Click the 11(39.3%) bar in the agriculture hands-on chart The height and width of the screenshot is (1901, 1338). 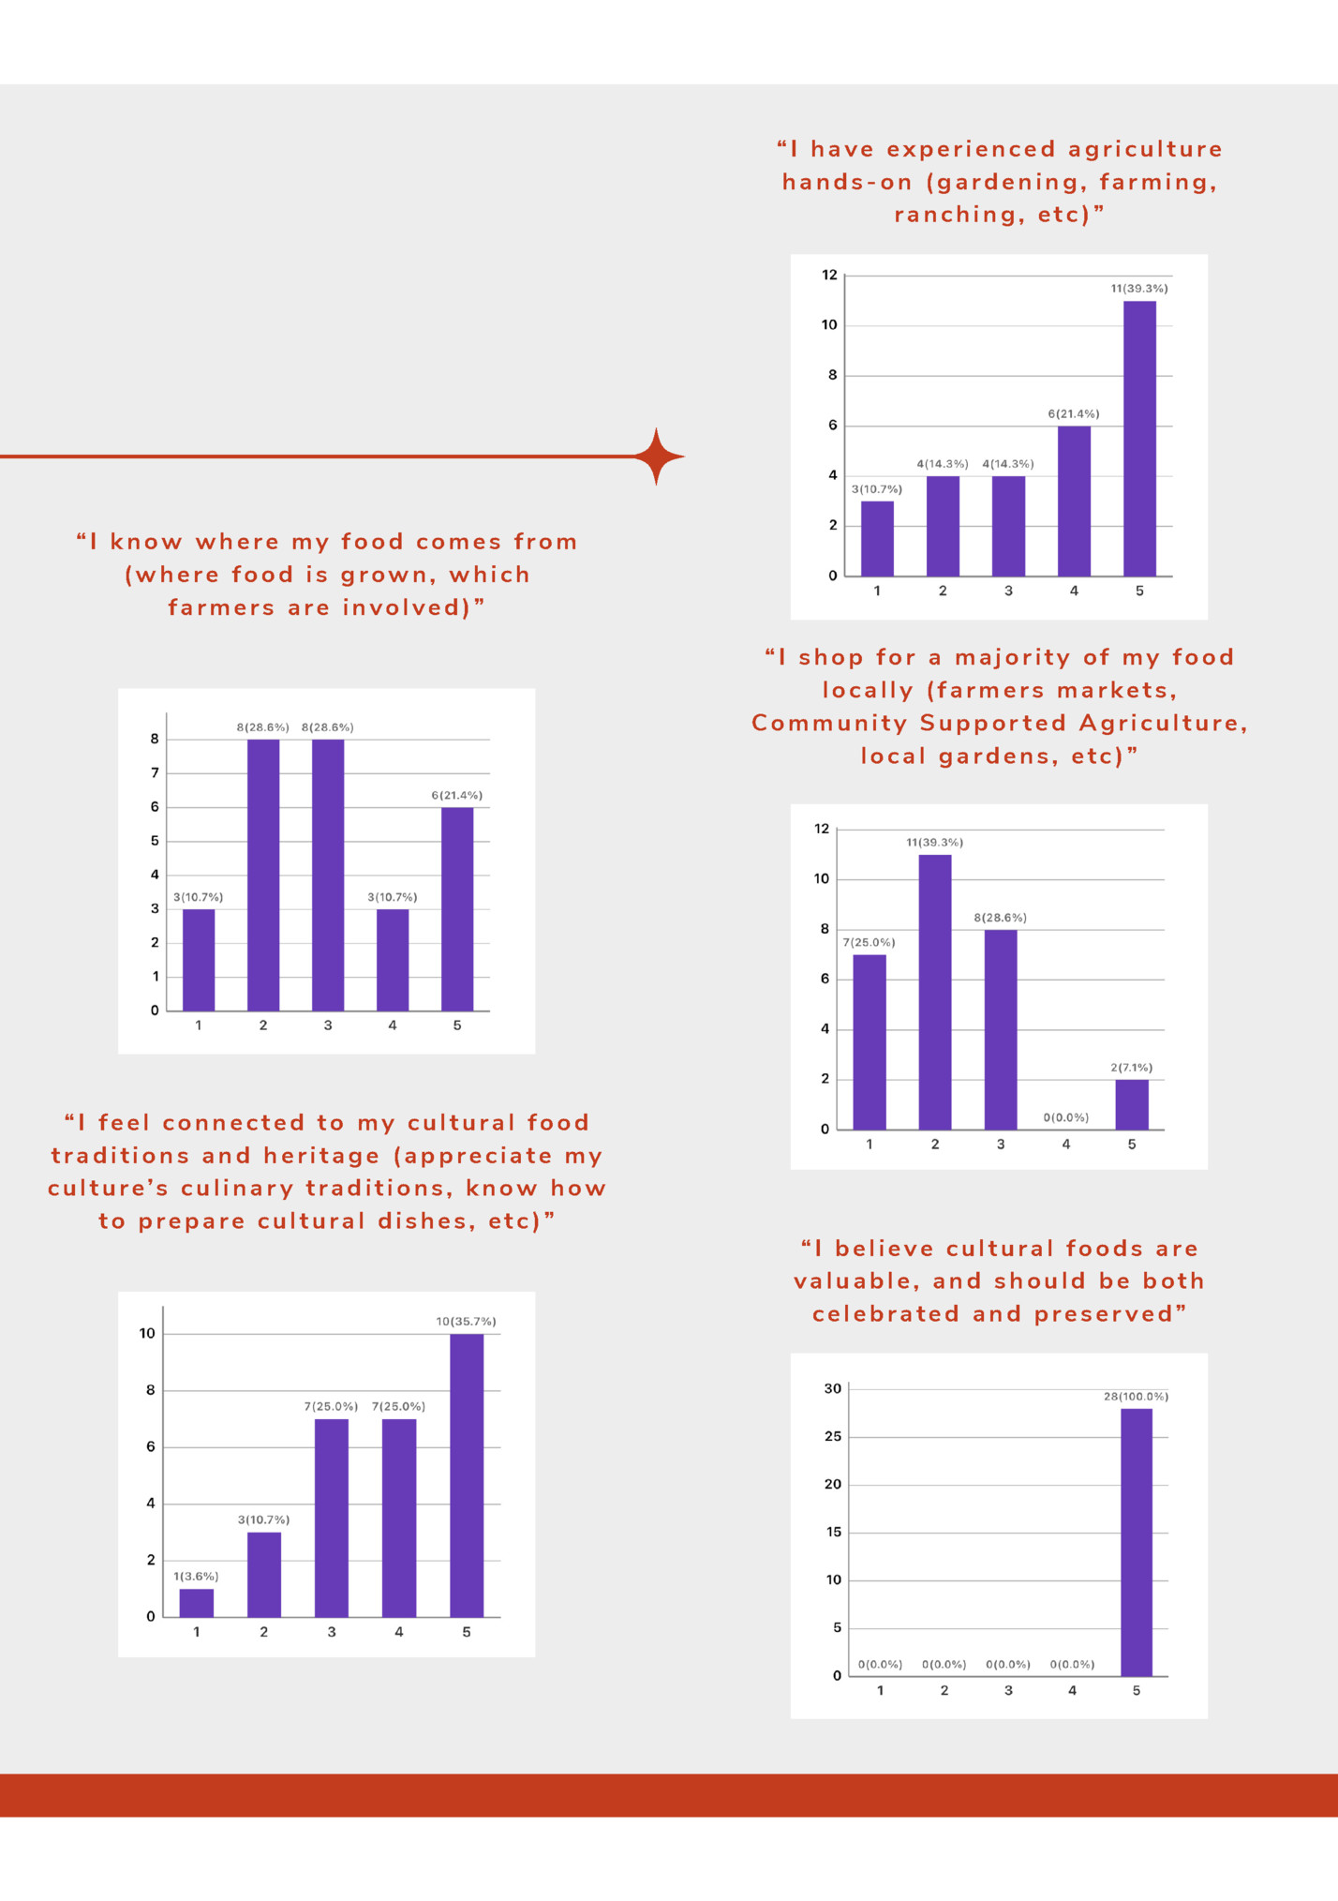[1139, 438]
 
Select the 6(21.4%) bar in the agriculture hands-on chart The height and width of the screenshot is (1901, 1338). [1074, 501]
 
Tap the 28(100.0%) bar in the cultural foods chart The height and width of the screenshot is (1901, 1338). [1136, 1542]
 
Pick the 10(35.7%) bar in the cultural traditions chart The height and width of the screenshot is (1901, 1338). [467, 1474]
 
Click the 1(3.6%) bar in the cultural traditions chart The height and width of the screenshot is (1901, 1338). [197, 1602]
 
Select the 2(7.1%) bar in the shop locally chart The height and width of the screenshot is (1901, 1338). [1132, 1104]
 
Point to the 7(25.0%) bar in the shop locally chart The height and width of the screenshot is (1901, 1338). [870, 1041]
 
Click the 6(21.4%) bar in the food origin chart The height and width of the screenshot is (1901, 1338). [457, 908]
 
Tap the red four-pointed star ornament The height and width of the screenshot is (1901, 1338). [658, 457]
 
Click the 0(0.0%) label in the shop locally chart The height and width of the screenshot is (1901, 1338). [1066, 1117]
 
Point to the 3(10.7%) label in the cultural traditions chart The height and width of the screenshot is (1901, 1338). [263, 1519]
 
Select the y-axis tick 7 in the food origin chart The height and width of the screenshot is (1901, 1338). [155, 772]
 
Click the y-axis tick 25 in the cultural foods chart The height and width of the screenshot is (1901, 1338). [833, 1436]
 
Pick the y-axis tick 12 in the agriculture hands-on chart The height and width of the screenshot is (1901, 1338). [829, 275]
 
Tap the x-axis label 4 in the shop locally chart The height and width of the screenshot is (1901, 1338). [1066, 1145]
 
